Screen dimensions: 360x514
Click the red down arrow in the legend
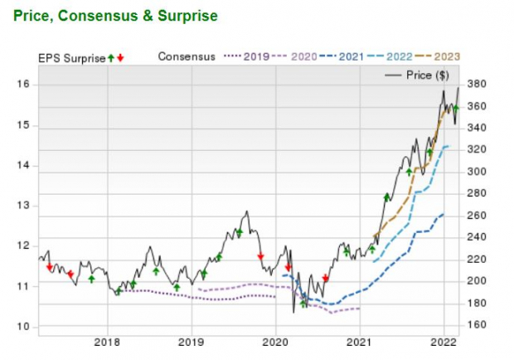tap(121, 57)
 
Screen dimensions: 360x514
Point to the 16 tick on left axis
tap(24, 85)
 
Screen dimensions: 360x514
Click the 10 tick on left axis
tap(24, 327)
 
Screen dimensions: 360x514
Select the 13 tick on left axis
tap(24, 206)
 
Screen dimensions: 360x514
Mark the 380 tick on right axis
tap(476, 85)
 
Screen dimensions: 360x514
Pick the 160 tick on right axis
tap(476, 324)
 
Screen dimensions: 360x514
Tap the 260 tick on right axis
tap(476, 216)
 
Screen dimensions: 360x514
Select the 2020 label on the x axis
tap(276, 341)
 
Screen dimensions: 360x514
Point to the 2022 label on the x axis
tap(444, 341)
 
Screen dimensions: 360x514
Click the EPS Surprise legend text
tap(71, 57)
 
